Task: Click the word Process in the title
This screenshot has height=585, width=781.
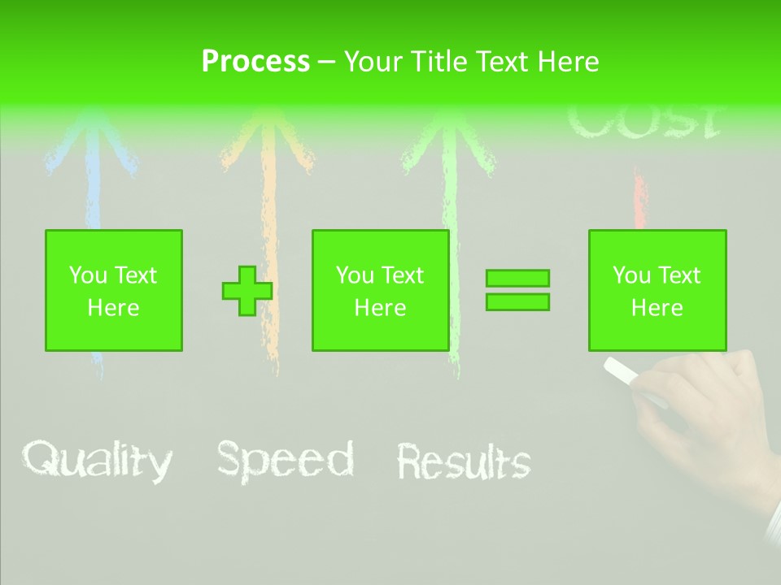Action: pos(255,62)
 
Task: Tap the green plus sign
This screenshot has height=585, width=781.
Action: pos(247,291)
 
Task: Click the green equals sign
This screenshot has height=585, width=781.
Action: pos(517,290)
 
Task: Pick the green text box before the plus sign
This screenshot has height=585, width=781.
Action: pos(114,291)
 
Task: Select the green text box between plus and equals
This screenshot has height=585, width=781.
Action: pos(381,291)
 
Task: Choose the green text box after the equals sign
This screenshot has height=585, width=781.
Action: pos(657,291)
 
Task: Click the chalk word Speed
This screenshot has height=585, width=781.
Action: pos(286,460)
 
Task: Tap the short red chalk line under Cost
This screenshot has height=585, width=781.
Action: pos(639,199)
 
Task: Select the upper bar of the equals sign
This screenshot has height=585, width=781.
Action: pos(517,279)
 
